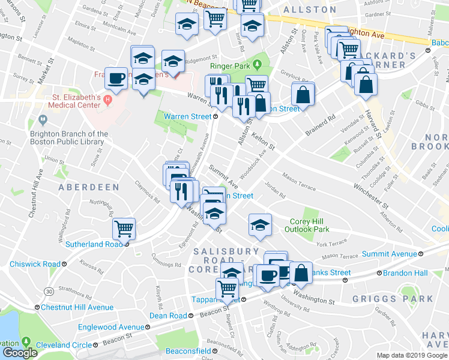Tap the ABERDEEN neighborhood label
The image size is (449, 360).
click(x=88, y=187)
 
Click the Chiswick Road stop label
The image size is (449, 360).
click(x=35, y=264)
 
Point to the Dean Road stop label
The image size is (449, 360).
click(x=168, y=316)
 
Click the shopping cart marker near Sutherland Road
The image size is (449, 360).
click(x=124, y=228)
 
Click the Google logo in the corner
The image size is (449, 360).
click(x=20, y=353)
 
